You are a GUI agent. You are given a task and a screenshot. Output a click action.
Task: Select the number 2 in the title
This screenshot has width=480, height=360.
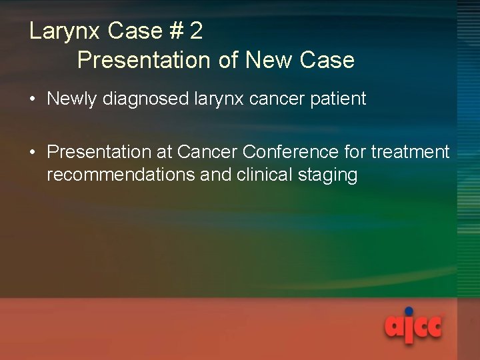(196, 31)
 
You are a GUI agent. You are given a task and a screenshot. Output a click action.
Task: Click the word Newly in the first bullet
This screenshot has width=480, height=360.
(71, 99)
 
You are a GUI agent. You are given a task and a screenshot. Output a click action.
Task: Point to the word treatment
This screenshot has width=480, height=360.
(411, 153)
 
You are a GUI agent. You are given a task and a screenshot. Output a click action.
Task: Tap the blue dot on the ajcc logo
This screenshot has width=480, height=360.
(409, 311)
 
